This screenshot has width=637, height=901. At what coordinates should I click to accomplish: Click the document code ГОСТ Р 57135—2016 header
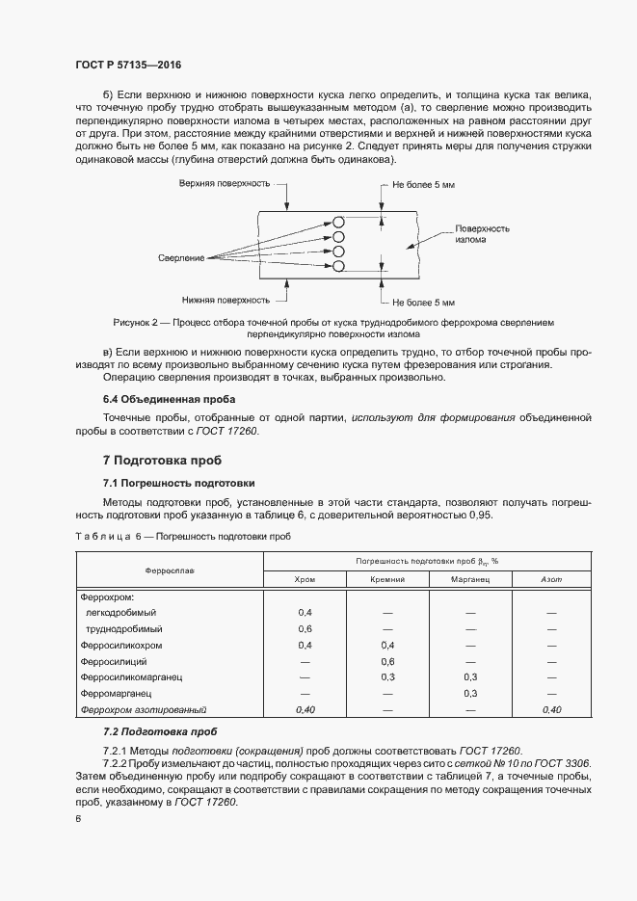coord(129,65)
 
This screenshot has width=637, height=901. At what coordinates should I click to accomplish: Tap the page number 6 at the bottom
coord(78,819)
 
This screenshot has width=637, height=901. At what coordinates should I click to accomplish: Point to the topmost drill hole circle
coord(338,221)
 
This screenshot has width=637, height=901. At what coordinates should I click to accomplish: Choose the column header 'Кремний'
coord(387,579)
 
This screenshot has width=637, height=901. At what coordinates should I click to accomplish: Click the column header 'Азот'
coord(551,579)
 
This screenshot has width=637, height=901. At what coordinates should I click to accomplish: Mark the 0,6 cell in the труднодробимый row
coord(305,628)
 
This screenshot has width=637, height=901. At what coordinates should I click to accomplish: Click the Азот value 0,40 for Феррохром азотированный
coord(551,709)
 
